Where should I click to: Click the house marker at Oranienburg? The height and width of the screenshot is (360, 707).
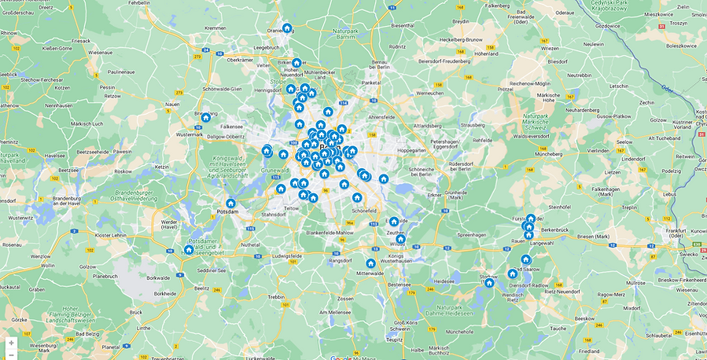point(287,28)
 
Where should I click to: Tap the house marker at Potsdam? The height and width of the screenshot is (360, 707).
point(230,204)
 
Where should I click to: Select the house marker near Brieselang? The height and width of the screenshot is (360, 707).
point(206,118)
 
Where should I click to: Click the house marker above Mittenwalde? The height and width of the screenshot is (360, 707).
point(370,263)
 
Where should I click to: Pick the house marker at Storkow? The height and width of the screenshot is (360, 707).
point(489,282)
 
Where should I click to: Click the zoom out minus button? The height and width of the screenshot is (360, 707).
point(11,354)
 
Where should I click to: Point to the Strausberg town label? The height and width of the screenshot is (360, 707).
point(472,124)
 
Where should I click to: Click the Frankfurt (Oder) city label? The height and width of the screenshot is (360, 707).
point(676,233)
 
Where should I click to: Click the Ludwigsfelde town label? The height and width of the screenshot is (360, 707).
point(286,256)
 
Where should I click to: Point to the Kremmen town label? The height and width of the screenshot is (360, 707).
point(215,28)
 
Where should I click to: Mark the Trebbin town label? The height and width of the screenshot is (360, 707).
point(276,296)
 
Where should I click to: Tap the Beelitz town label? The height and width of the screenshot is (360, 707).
point(202,288)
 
